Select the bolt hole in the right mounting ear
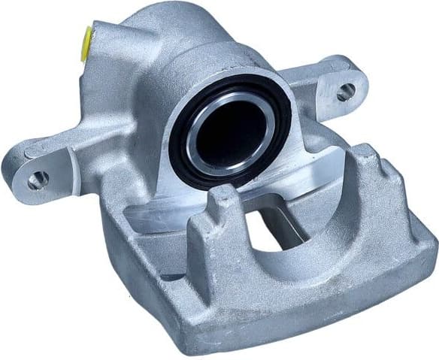[345, 93]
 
